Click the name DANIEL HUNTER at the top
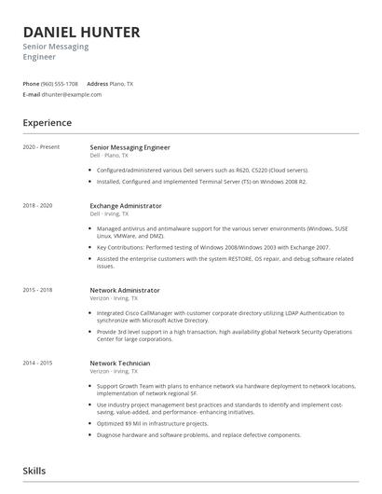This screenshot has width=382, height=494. [82, 32]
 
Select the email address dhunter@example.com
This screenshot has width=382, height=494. [71, 94]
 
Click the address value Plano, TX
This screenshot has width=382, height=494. [121, 84]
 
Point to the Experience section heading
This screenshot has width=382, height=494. [48, 122]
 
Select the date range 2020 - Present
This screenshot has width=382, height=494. [41, 147]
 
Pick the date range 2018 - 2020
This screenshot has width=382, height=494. [38, 205]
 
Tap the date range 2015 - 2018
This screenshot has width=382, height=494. [38, 290]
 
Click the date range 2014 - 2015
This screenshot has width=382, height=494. [38, 363]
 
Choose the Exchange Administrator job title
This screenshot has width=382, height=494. [125, 205]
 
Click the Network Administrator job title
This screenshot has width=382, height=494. [124, 290]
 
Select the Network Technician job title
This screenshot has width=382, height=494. [119, 363]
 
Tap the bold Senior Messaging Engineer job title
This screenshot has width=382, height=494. [130, 147]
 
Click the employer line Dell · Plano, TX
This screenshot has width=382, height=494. [110, 156]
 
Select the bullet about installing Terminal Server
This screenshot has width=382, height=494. [201, 182]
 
